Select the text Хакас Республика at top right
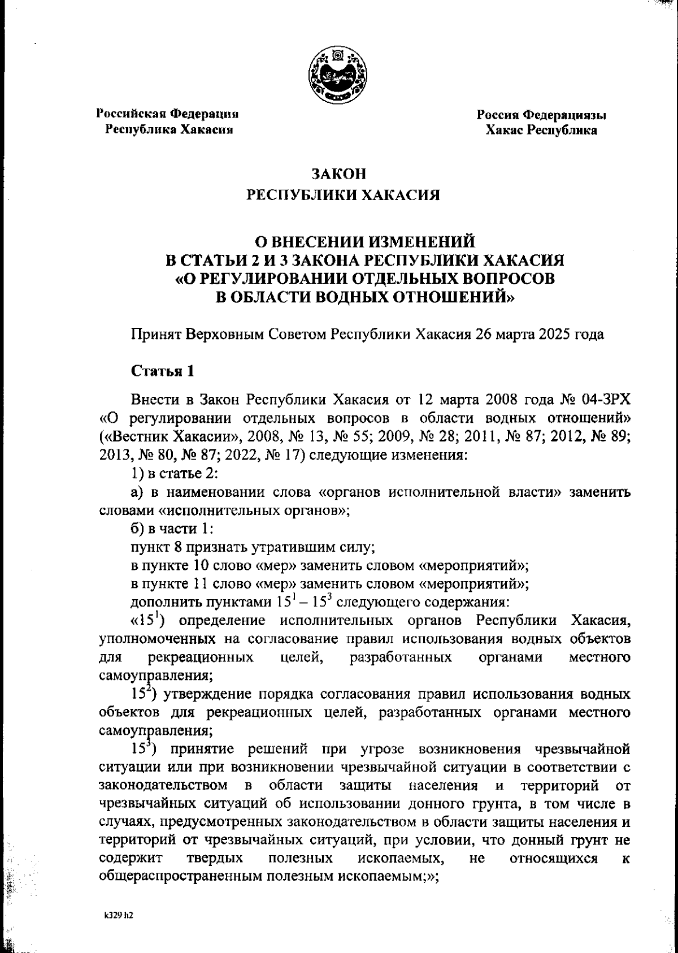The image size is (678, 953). [541, 131]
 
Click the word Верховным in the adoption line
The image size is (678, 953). [225, 334]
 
